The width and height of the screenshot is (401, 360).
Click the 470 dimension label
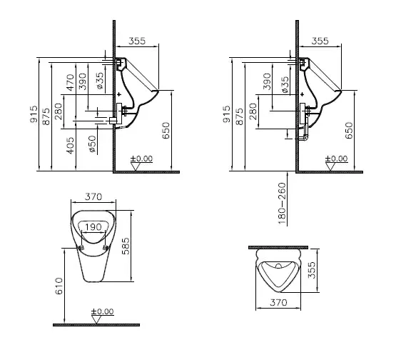70,82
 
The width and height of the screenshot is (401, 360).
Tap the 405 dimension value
70,146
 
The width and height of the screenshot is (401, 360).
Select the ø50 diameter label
93,144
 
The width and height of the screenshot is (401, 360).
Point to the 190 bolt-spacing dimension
93,227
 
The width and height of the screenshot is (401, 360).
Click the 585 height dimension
126,246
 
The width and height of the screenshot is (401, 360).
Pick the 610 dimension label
59,286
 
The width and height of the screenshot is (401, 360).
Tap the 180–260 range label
282,204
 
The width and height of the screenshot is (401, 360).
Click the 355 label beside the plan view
312,270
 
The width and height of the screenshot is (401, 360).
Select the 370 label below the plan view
278,303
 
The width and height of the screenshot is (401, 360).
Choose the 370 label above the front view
93,196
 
